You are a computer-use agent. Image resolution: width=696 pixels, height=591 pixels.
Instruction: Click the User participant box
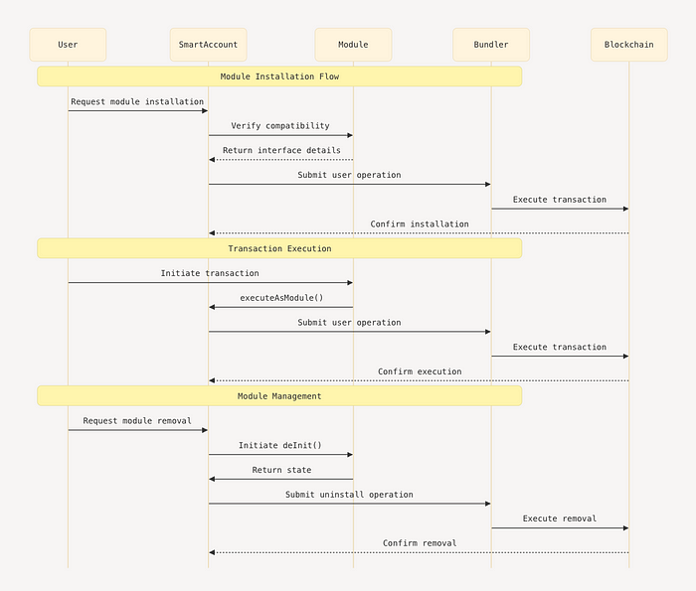coord(68,45)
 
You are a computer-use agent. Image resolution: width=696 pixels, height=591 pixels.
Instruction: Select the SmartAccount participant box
coord(208,45)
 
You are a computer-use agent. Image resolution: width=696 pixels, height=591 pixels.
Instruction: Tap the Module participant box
coord(353,45)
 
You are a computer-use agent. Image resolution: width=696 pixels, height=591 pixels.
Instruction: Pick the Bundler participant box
coord(491,45)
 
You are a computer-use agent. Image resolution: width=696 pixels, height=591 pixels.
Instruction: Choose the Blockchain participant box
coord(629,45)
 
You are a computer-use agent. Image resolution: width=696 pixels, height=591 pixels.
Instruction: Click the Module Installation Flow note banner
coord(279,76)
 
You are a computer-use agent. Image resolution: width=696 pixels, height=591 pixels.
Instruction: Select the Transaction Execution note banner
coord(279,248)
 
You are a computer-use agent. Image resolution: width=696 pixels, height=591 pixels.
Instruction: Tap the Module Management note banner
coord(279,396)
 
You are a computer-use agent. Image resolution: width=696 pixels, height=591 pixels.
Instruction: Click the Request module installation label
coord(137,101)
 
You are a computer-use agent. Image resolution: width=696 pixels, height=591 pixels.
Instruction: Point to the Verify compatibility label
coord(280,126)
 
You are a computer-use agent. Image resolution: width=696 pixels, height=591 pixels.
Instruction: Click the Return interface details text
coord(281,150)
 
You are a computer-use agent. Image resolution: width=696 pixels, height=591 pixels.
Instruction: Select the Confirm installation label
coord(420,223)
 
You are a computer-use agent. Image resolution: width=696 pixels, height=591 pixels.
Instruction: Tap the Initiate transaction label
coord(210,273)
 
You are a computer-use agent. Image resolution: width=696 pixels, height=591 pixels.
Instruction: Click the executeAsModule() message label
coord(281,298)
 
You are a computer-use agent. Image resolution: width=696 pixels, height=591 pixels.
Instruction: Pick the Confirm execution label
coord(420,371)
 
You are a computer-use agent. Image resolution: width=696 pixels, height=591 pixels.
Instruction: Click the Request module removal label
coord(137,420)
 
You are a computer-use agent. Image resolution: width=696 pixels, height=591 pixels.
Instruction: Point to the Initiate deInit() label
coord(280,445)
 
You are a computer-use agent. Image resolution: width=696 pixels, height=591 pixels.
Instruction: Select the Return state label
coord(281,470)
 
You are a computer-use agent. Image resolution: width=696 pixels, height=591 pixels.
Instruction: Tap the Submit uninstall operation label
coord(349,495)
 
